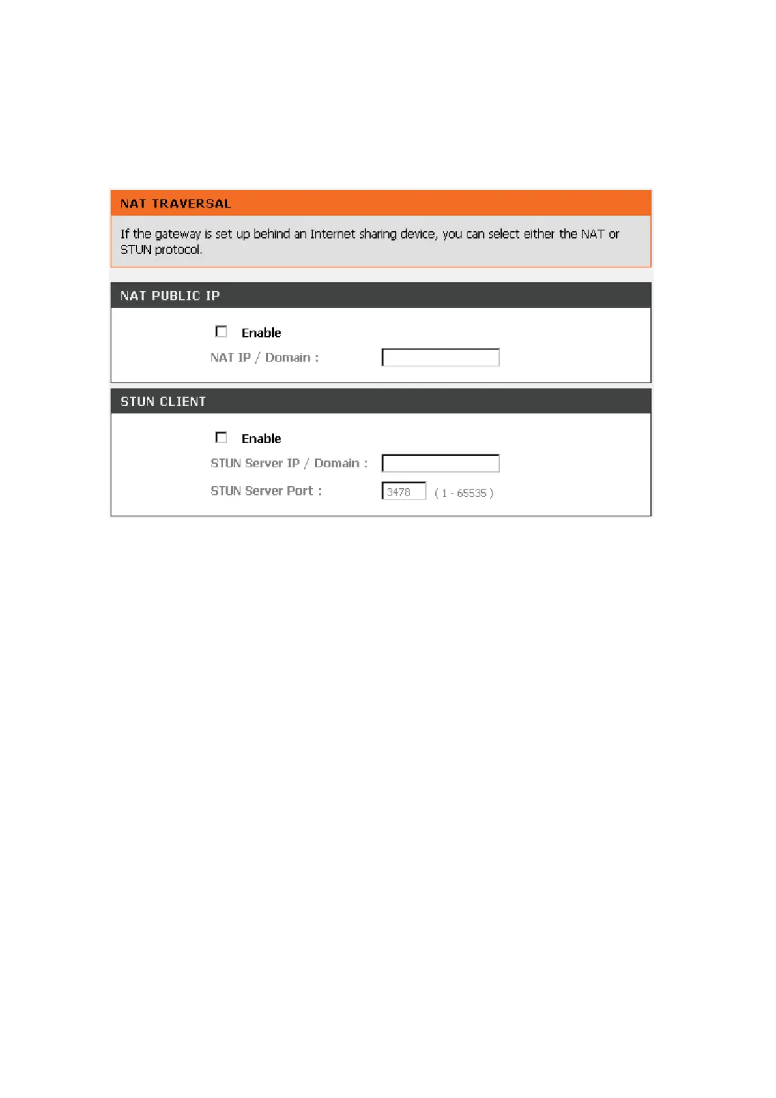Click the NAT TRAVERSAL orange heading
[x=381, y=203]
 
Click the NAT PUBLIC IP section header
[x=381, y=295]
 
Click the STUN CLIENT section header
[x=381, y=401]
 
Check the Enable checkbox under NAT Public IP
[x=222, y=332]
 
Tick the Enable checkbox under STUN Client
[x=222, y=438]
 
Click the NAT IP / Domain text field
[x=440, y=357]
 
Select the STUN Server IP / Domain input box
[x=440, y=464]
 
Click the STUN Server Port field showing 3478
[x=404, y=492]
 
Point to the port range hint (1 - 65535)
[x=464, y=493]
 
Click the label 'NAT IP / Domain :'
[x=265, y=357]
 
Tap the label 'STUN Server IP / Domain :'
[x=289, y=464]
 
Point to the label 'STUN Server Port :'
[x=266, y=491]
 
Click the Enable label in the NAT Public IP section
[x=261, y=333]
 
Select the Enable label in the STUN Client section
[x=261, y=439]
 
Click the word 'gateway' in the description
[x=178, y=235]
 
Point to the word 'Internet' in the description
[x=332, y=234]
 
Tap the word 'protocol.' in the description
[x=179, y=250]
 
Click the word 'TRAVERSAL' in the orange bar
[x=192, y=203]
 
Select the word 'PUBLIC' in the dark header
[x=176, y=296]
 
